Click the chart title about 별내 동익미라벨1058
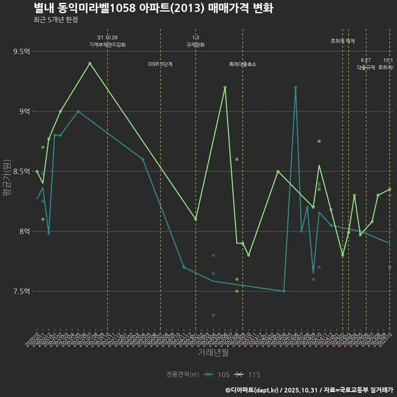coord(153,8)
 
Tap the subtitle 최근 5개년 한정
coord(55,20)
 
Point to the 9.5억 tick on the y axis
coord(22,52)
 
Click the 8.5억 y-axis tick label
coord(22,172)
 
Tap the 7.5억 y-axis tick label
coord(22,292)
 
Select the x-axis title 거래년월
coord(213,353)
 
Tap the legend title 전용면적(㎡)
coord(182,375)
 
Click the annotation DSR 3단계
coord(160,64)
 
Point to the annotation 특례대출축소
coord(243,64)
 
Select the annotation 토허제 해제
coord(343,41)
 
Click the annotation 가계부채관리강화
coord(108,45)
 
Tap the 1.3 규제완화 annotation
coord(196,41)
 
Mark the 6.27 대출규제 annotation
coord(366,64)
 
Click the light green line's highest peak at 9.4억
coord(90,63)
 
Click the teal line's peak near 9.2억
coord(296,87)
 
